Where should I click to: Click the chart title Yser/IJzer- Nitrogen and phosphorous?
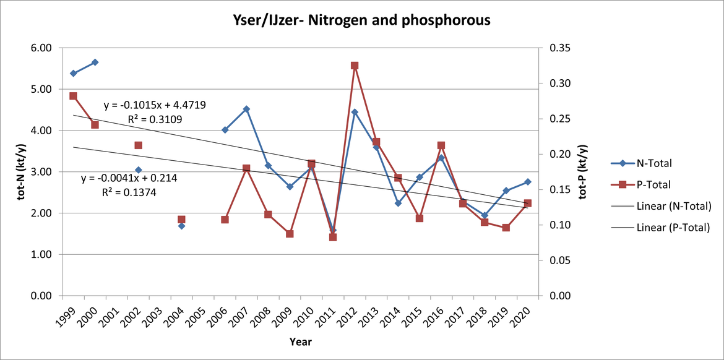pyautogui.click(x=361, y=20)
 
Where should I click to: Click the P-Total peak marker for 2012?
pyautogui.click(x=355, y=66)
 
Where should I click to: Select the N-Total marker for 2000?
pyautogui.click(x=95, y=62)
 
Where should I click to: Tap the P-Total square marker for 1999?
pyautogui.click(x=73, y=96)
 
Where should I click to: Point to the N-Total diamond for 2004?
pyautogui.click(x=181, y=226)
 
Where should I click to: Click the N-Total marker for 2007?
pyautogui.click(x=246, y=109)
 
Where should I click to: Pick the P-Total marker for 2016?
pyautogui.click(x=441, y=145)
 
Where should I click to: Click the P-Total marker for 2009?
pyautogui.click(x=290, y=234)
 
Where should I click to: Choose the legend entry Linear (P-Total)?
pyautogui.click(x=673, y=228)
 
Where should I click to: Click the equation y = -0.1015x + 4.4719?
pyautogui.click(x=155, y=105)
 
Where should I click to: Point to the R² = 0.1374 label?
pyautogui.click(x=129, y=192)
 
